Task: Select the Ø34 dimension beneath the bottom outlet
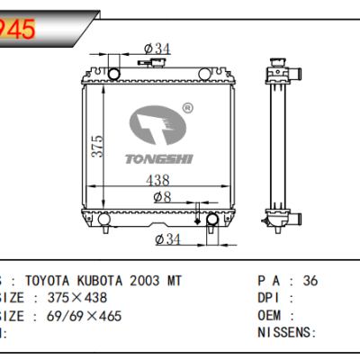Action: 168,238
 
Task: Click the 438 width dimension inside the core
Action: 161,179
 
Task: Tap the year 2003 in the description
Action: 138,281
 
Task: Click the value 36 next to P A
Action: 310,281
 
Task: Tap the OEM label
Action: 270,315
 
